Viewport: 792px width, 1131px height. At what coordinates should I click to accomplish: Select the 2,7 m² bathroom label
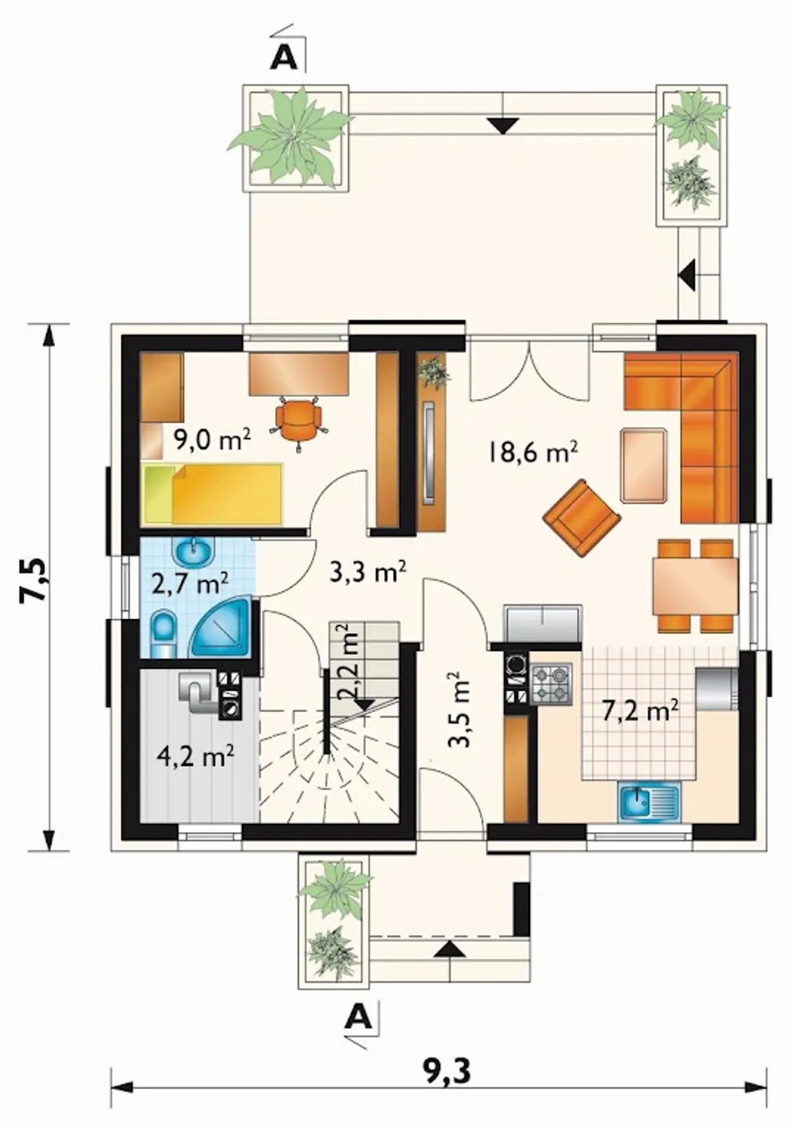click(x=191, y=583)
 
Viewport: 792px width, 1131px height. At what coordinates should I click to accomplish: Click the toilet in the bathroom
click(x=163, y=634)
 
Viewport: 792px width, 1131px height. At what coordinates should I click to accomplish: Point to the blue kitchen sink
click(x=648, y=802)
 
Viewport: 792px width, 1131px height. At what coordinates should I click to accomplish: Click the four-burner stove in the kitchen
click(x=551, y=685)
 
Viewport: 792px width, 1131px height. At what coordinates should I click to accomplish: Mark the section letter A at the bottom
click(x=360, y=1016)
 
